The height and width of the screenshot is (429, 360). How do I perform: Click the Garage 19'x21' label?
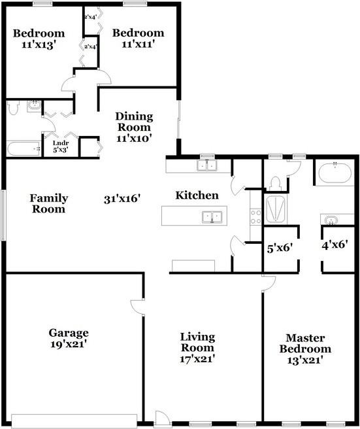[x=69, y=338]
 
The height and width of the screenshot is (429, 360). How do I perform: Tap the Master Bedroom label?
[x=305, y=343]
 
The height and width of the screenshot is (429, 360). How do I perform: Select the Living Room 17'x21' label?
[x=197, y=347]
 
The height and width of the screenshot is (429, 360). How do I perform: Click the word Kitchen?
[x=197, y=196]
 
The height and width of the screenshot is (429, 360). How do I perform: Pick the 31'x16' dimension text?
[x=122, y=199]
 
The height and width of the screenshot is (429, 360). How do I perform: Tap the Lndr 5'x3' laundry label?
[x=61, y=146]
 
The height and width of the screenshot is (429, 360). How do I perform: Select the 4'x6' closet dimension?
[x=335, y=245]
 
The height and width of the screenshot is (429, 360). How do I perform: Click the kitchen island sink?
[x=212, y=217]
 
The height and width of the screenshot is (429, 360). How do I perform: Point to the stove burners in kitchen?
[x=256, y=216]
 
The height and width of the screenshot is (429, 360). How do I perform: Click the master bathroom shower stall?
[x=276, y=209]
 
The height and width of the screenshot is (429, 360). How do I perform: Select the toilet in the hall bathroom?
[x=13, y=107]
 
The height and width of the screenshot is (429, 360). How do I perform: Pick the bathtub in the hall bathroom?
[x=24, y=149]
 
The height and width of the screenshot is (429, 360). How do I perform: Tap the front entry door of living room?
[x=163, y=419]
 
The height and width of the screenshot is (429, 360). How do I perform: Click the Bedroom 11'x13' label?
[x=39, y=39]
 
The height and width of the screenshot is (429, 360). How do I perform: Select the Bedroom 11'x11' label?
[x=139, y=39]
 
